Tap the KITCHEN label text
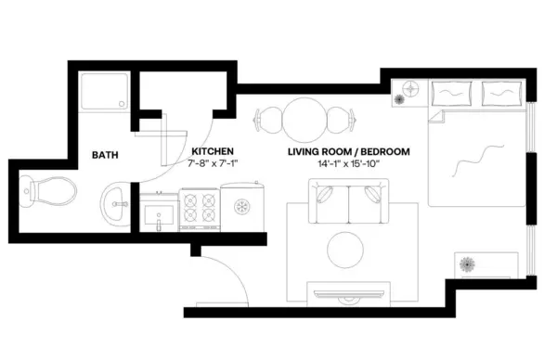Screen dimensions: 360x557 coord(212,150)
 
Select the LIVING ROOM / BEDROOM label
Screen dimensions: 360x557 coord(349,150)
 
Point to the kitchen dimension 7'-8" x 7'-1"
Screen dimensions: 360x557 coord(213,163)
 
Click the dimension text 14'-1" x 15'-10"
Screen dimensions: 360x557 coord(348,163)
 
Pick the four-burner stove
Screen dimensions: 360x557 coord(198,208)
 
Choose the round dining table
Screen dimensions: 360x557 coord(304,119)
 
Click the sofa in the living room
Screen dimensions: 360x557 coord(345,202)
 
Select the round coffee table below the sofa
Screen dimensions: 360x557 coord(345,249)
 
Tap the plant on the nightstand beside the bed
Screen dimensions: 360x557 coord(410,93)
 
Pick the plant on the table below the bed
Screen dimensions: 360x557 coord(468,264)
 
